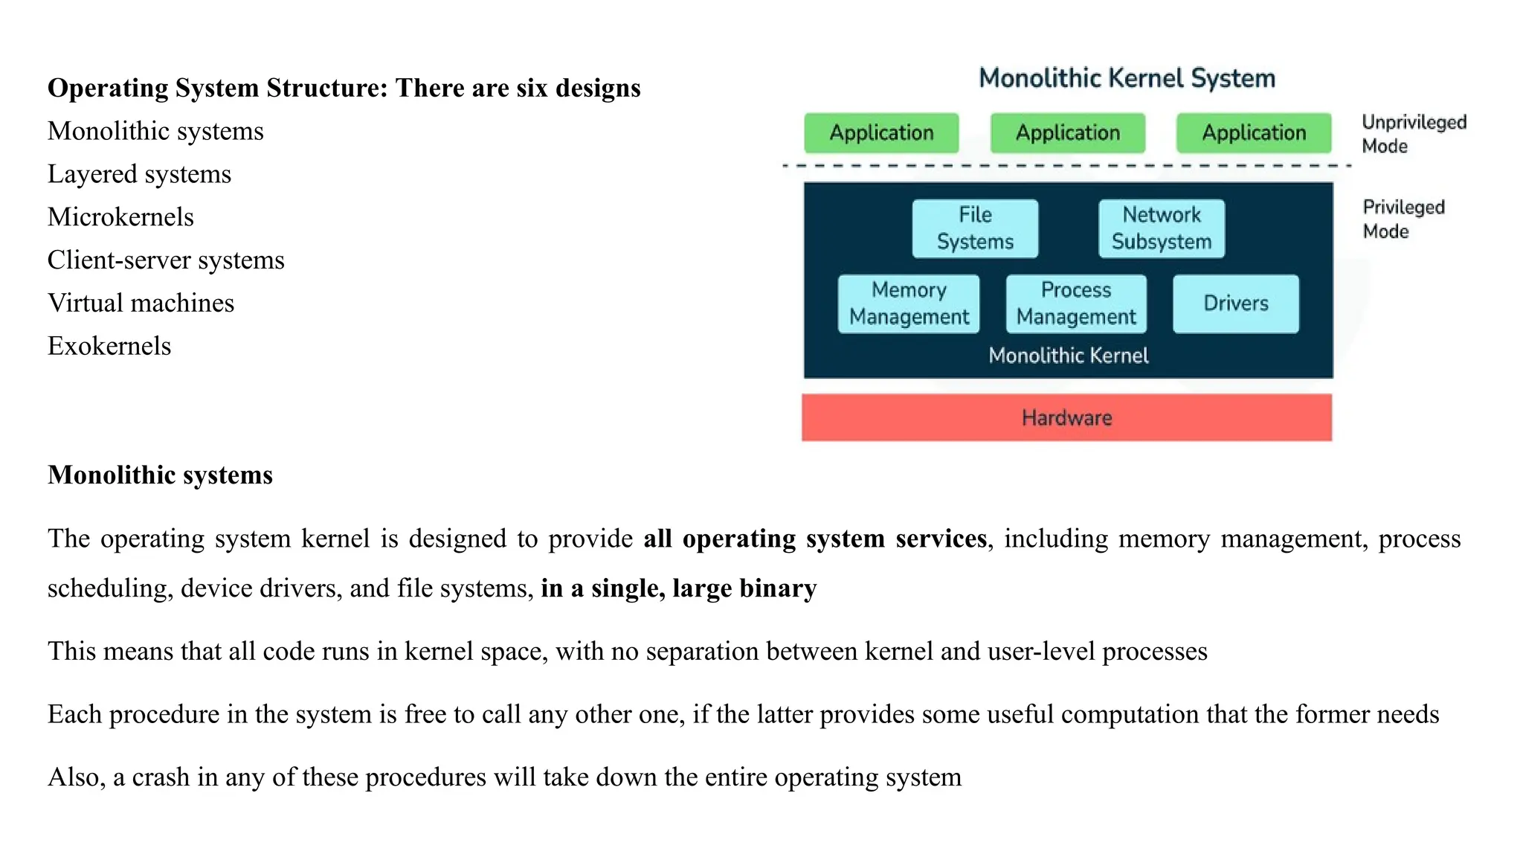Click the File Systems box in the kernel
coord(975,228)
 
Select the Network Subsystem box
coord(1161,228)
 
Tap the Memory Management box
coord(909,304)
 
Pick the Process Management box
coord(1076,304)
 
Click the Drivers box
coord(1236,304)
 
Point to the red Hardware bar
coord(1066,417)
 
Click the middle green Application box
coord(1068,133)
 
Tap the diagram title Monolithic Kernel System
coord(1127,78)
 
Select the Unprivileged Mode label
coord(1413,134)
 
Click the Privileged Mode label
coord(1403,219)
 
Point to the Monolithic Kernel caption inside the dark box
coord(1068,356)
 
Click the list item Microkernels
coord(120,217)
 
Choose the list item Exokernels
coord(109,346)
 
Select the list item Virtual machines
coord(141,304)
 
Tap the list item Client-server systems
coord(166,260)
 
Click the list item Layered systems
coord(139,174)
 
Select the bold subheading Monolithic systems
coord(160,475)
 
